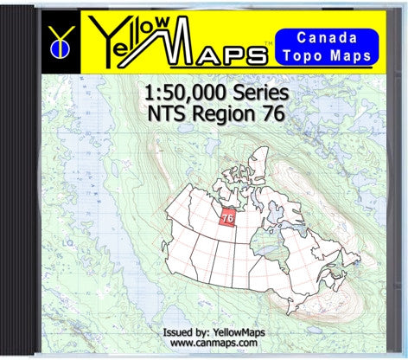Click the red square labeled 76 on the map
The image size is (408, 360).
229,215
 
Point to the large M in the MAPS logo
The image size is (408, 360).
182,43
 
